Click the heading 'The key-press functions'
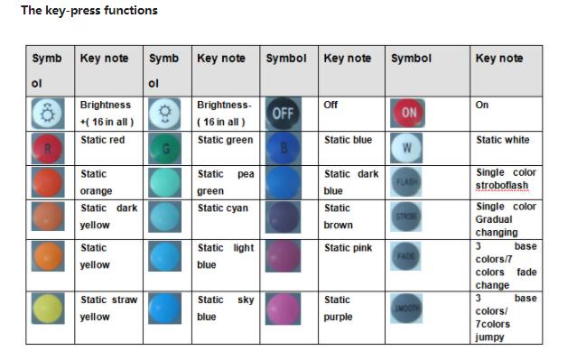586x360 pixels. click(89, 11)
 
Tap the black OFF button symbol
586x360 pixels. click(283, 114)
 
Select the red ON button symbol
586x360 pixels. click(409, 113)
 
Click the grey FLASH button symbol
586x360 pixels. click(407, 181)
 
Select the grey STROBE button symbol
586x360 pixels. click(407, 217)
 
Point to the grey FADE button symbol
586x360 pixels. click(407, 256)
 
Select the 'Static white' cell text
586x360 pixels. click(503, 141)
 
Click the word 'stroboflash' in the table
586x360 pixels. click(505, 186)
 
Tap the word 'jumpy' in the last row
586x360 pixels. click(490, 337)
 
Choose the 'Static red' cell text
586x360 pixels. click(102, 141)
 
